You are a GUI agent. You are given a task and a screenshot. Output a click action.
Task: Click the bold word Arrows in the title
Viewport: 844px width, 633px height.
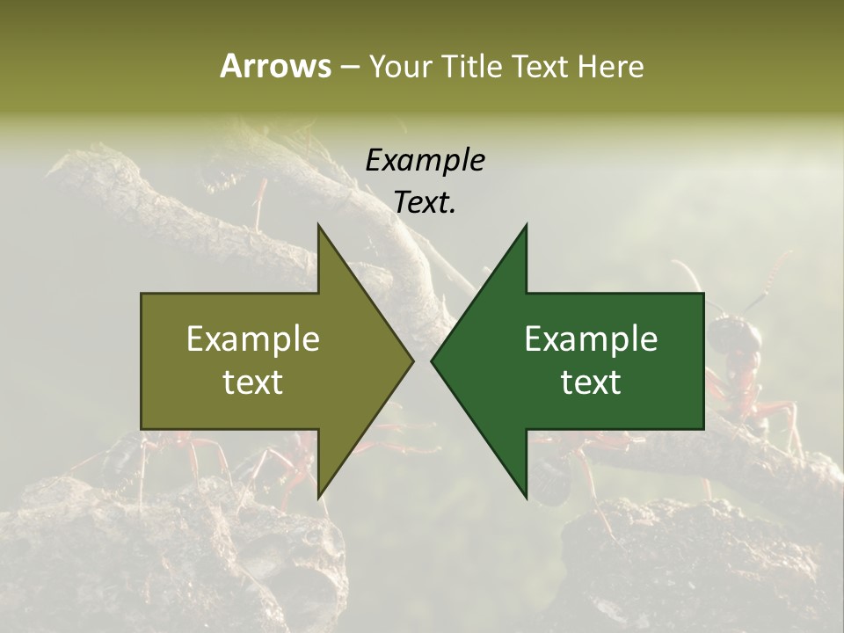275,66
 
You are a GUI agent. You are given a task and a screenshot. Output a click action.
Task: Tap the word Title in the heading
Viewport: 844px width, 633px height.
469,66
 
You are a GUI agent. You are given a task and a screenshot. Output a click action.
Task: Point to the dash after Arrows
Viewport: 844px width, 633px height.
349,67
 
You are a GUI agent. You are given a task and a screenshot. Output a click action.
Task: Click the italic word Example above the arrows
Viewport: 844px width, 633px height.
426,160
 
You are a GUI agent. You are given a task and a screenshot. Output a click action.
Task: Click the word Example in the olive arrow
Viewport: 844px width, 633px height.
253,338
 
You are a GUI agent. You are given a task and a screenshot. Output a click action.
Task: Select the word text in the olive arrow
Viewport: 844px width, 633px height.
253,382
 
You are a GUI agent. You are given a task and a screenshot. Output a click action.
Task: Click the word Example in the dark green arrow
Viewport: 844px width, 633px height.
591,338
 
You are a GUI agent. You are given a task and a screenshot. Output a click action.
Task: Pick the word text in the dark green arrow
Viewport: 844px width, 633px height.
591,382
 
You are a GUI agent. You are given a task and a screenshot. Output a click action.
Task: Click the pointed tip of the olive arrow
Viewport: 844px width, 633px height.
413,360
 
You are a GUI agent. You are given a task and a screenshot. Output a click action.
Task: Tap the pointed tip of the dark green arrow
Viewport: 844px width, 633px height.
432,360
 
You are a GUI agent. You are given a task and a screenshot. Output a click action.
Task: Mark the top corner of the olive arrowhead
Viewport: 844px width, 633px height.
318,225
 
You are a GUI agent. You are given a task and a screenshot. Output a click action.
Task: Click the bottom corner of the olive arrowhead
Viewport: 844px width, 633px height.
318,498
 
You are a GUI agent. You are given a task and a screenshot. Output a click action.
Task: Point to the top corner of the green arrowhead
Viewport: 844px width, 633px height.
527,225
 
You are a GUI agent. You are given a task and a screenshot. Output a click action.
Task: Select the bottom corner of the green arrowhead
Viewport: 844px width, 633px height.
527,498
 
